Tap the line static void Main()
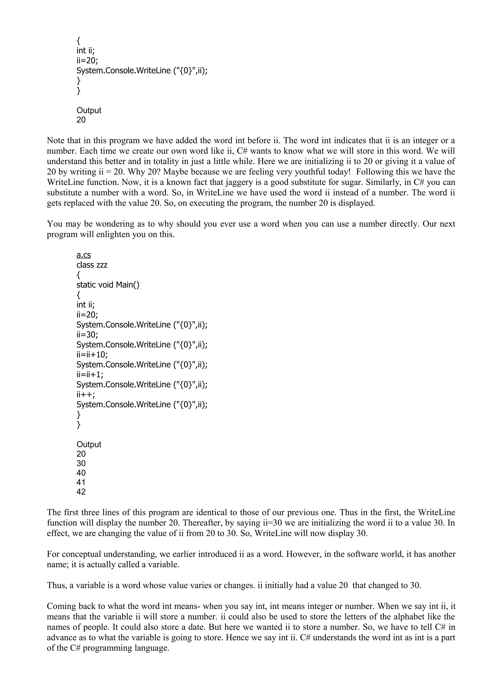[x=108, y=285]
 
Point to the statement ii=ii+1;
[x=90, y=375]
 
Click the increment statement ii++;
[x=86, y=394]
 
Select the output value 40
[x=81, y=473]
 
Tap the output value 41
[x=81, y=482]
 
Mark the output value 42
[x=81, y=492]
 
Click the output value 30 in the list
[x=81, y=463]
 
